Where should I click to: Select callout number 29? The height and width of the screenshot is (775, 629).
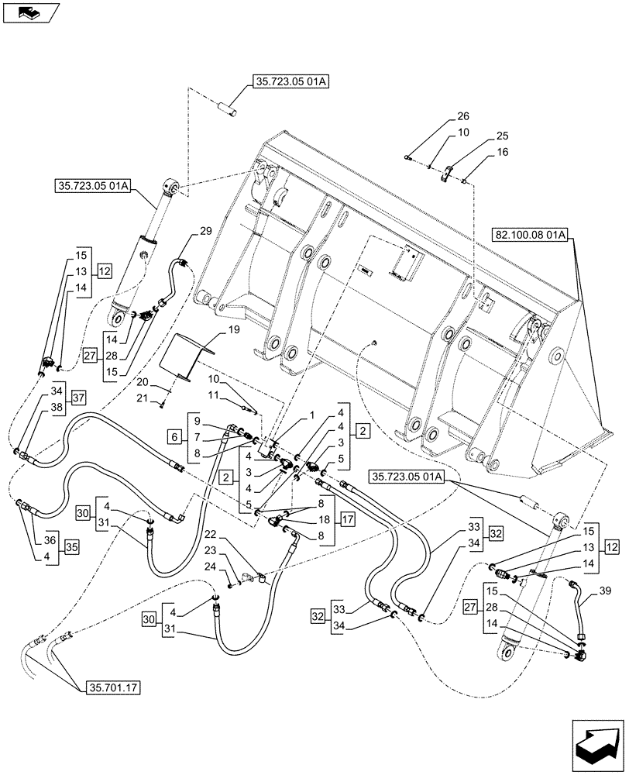click(x=205, y=231)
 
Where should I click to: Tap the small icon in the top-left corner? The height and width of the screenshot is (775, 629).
click(x=29, y=12)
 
